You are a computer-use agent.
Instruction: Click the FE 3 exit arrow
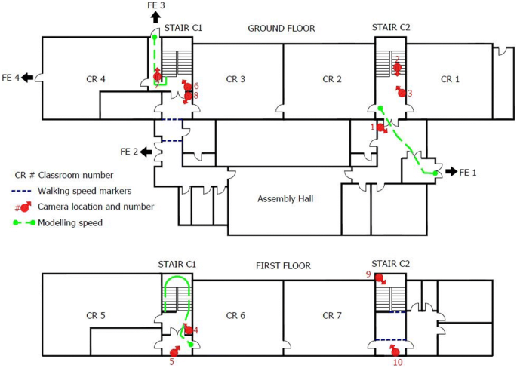(155, 17)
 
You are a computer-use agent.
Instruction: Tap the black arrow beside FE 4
(28, 78)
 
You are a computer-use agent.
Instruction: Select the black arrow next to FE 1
(451, 171)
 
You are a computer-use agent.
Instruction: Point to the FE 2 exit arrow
(146, 152)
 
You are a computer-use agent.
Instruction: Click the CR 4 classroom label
(96, 79)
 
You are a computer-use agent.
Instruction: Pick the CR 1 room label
(450, 79)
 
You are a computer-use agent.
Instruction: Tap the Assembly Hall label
(285, 199)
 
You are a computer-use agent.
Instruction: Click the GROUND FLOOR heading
(282, 29)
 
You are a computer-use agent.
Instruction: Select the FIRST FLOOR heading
(283, 266)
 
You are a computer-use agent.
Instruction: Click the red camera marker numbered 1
(381, 128)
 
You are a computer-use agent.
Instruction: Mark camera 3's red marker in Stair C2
(401, 92)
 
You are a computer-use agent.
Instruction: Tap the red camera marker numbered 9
(380, 279)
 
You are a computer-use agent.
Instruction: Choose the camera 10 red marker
(395, 351)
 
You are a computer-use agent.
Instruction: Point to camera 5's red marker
(174, 351)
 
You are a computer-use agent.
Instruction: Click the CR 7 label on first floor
(332, 316)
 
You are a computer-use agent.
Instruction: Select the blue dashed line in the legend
(21, 191)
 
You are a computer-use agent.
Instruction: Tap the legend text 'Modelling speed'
(70, 223)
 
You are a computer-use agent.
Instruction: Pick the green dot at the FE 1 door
(435, 173)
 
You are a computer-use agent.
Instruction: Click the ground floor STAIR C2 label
(391, 28)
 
